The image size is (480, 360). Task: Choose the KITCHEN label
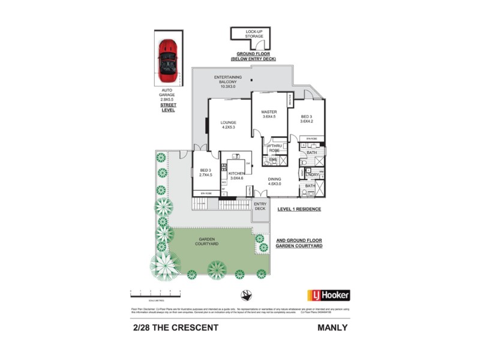click(x=236, y=175)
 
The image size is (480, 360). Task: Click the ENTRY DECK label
click(x=260, y=206)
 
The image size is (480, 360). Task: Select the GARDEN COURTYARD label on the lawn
click(x=208, y=242)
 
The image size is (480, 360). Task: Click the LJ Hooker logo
click(x=328, y=295)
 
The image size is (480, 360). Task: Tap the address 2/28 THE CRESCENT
click(x=175, y=328)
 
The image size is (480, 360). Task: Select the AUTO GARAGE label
click(x=167, y=95)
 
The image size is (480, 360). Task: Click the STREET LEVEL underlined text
click(x=167, y=108)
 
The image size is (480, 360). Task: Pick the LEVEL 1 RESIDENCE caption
click(x=299, y=209)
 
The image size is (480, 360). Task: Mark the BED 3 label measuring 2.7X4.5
click(x=206, y=173)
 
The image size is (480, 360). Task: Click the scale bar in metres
click(x=155, y=292)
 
